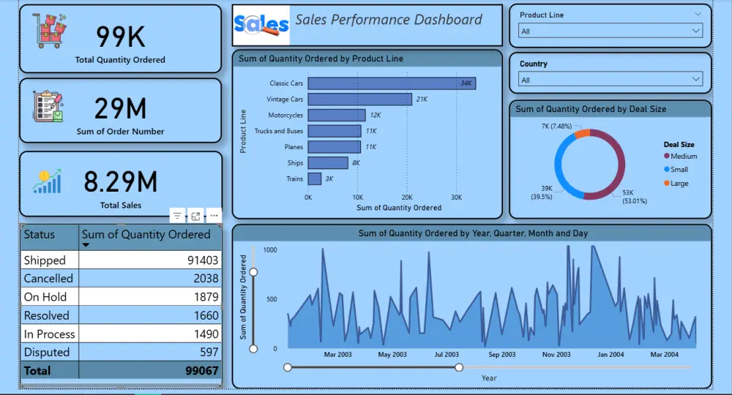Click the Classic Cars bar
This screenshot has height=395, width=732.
tap(392, 83)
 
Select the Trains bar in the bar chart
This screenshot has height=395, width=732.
tap(315, 178)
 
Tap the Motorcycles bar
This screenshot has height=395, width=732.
tap(337, 115)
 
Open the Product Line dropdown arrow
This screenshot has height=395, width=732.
tap(695, 31)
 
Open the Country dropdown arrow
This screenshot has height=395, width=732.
tap(695, 80)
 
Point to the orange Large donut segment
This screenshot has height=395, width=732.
tap(583, 133)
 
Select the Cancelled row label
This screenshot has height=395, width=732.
tap(48, 279)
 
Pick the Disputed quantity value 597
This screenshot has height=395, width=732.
tap(209, 352)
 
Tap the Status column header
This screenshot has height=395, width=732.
tap(40, 235)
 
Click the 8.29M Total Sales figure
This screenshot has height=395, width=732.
tap(120, 181)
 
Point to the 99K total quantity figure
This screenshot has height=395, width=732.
tap(121, 35)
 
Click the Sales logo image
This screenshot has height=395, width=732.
tap(261, 26)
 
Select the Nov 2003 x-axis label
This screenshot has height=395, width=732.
tap(556, 354)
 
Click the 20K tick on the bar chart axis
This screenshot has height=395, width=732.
tap(407, 197)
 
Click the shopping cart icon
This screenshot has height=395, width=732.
tap(51, 31)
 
